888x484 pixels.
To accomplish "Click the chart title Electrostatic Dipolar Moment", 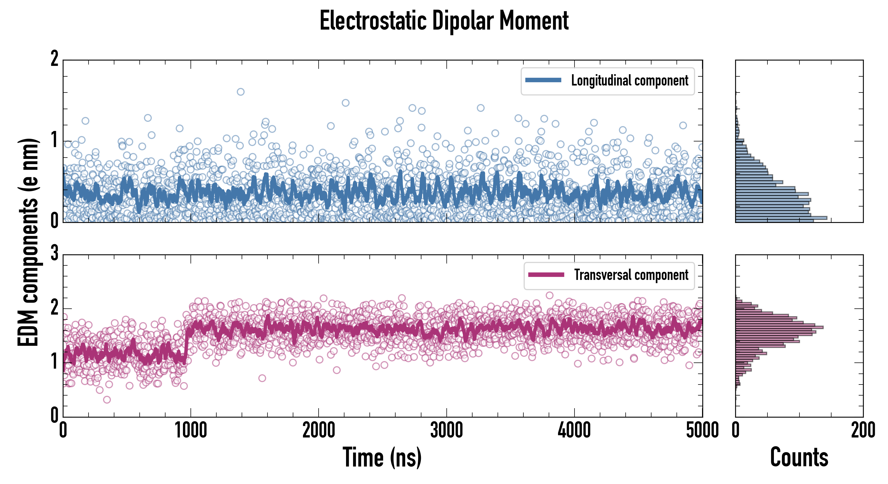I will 444,21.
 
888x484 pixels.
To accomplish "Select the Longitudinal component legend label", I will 629,81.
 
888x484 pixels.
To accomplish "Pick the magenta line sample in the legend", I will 546,275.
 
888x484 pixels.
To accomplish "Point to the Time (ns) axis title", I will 382,457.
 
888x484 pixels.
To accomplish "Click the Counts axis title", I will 799,457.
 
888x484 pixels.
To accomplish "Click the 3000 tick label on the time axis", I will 447,430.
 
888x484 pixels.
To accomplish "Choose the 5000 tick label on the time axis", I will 702,430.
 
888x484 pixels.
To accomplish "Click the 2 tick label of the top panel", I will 54,59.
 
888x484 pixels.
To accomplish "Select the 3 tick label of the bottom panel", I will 54,253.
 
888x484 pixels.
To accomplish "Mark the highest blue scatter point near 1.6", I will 241,92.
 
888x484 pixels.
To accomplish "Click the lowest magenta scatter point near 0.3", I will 107,400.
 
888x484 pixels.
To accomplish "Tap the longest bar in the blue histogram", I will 781,218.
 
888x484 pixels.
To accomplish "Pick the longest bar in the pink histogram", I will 779,327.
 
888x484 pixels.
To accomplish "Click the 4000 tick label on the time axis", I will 574,430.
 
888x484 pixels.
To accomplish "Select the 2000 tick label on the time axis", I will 319,430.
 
